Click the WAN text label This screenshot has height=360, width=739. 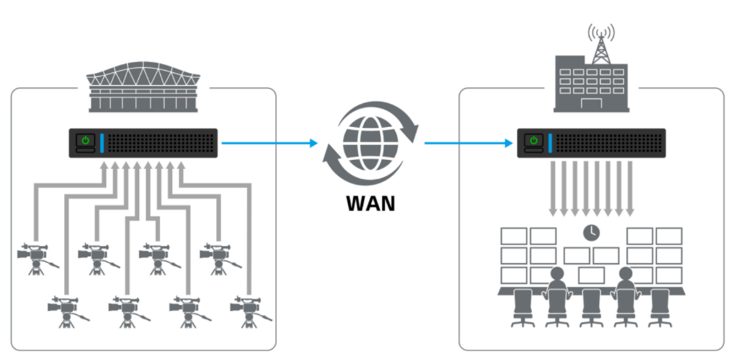(371, 203)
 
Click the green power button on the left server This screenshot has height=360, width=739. (85, 141)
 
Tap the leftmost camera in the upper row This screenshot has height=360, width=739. (34, 257)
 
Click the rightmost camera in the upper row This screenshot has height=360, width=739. (217, 257)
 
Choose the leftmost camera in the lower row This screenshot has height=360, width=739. (65, 312)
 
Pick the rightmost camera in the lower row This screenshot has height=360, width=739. (248, 312)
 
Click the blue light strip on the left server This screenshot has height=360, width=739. (102, 143)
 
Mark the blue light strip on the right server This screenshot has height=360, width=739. (550, 143)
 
